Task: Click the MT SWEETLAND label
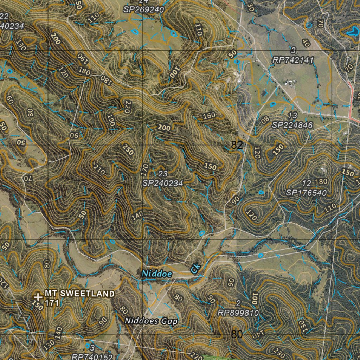[x=79, y=294]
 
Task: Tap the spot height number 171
[x=51, y=303]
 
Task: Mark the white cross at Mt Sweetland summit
[x=38, y=297]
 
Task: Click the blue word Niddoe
[x=157, y=274]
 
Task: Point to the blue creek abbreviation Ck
[x=195, y=269]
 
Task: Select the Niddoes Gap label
[x=151, y=321]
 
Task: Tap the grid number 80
[x=237, y=334]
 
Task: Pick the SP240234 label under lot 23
[x=163, y=183]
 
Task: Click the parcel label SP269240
[x=144, y=10]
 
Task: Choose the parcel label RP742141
[x=293, y=60]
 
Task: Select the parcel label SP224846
[x=292, y=125]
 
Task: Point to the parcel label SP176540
[x=306, y=193]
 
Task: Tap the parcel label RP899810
[x=238, y=313]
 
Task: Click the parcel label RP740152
[x=92, y=356]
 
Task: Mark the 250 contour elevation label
[x=128, y=150]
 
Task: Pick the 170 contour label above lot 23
[x=145, y=170]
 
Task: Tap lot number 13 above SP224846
[x=292, y=115]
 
